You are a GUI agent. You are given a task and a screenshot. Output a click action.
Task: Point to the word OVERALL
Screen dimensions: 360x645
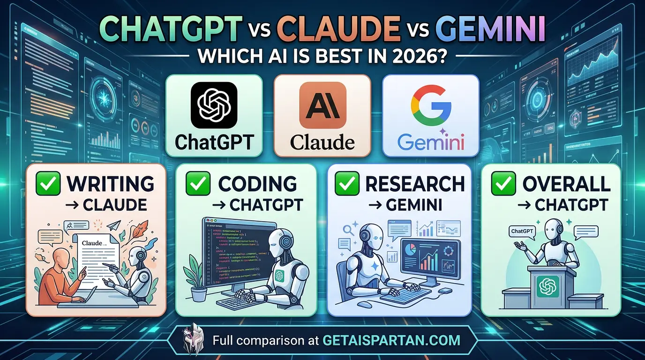click(566, 184)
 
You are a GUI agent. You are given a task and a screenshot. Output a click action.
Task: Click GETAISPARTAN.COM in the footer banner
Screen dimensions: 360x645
click(391, 340)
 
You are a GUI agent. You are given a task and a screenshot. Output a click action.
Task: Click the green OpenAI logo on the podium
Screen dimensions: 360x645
click(546, 287)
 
